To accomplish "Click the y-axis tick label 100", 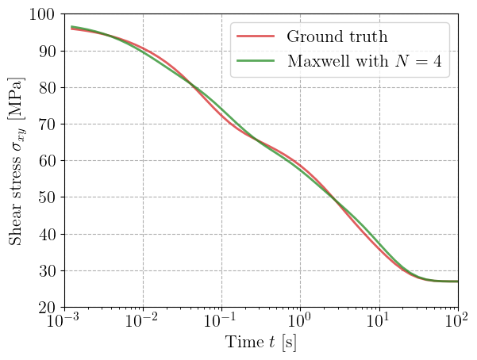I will (40, 14).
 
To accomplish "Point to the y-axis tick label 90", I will (44, 51).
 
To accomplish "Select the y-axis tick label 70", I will (44, 124).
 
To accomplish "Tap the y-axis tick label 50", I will (44, 197).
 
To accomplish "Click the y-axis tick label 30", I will (44, 270).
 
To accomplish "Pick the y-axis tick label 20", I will (44, 307).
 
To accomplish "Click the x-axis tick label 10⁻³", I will (63, 322).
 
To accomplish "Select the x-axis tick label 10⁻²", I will (142, 322).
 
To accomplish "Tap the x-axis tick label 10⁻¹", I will (221, 322).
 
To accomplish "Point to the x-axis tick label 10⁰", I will (300, 322).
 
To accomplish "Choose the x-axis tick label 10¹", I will (379, 322).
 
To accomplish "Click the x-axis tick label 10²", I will (457, 322).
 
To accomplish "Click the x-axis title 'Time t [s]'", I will (261, 343).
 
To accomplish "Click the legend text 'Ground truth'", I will (337, 36).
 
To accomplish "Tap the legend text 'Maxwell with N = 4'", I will (363, 61).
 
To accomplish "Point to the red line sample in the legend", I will (256, 36).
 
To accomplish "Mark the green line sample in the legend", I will (256, 61).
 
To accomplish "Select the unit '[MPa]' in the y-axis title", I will (17, 94).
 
